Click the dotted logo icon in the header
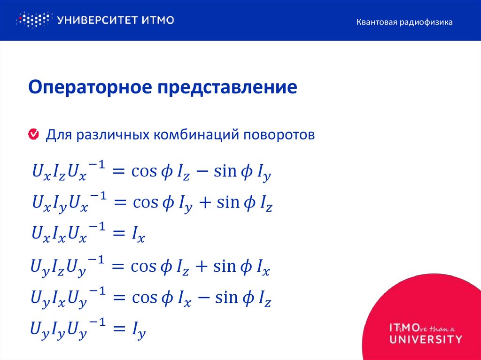pyautogui.click(x=33, y=20)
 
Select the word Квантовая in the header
pyautogui.click(x=376, y=22)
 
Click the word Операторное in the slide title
pyautogui.click(x=89, y=88)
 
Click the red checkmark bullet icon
pyautogui.click(x=33, y=135)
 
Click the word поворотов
pyautogui.click(x=279, y=135)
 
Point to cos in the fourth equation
pyautogui.click(x=143, y=267)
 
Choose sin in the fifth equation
pyautogui.click(x=225, y=298)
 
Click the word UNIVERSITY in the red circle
pyautogui.click(x=426, y=339)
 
